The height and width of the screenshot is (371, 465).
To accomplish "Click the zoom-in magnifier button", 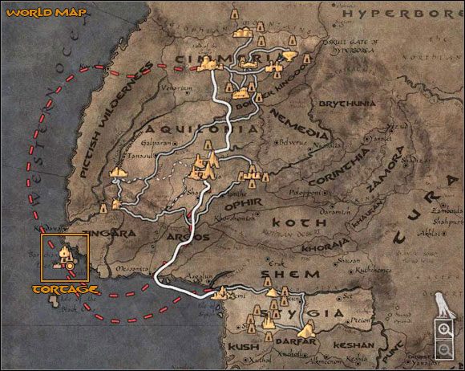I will [443, 328].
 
